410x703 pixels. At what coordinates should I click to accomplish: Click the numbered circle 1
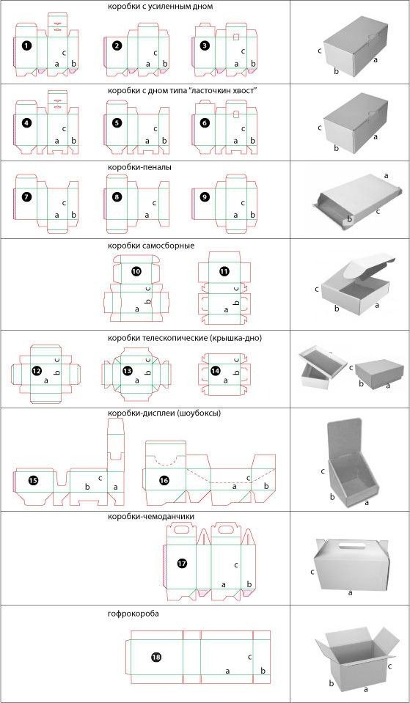(26, 45)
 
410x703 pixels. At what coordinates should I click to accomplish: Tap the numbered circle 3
(205, 45)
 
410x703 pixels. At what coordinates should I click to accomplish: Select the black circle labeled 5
(117, 123)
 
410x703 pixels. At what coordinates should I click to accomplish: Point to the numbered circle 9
(205, 197)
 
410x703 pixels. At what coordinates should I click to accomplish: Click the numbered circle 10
(136, 271)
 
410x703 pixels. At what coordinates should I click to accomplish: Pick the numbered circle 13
(128, 371)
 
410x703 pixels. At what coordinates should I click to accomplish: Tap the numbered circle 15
(33, 480)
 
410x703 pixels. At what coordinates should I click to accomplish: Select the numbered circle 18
(155, 657)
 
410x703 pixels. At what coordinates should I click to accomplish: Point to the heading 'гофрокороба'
(132, 613)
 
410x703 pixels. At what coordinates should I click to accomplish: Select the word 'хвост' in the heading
(246, 89)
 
